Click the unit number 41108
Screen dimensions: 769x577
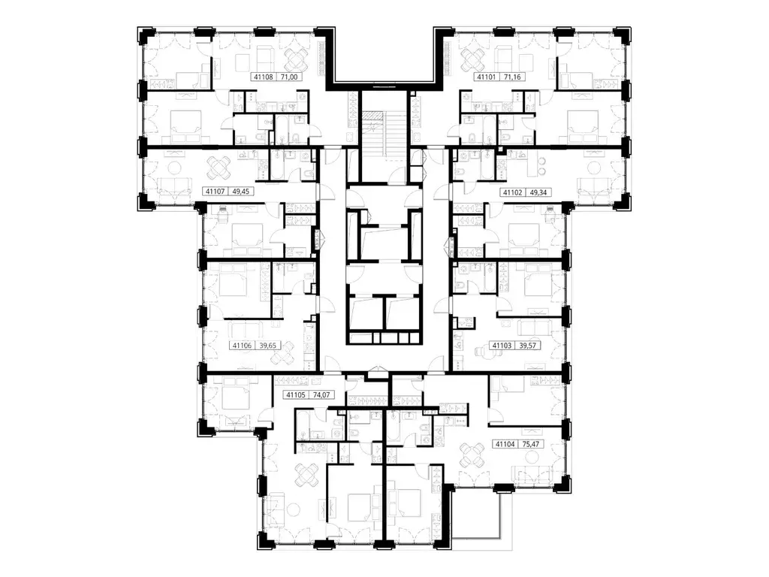(x=264, y=77)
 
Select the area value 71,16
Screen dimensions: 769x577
(x=511, y=77)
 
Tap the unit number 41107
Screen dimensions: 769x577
(x=216, y=192)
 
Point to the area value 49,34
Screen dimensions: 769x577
(x=538, y=192)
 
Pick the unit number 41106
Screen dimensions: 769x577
(x=243, y=346)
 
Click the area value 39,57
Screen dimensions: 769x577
(x=528, y=346)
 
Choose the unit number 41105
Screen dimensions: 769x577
(x=296, y=394)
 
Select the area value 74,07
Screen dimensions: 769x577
(x=321, y=394)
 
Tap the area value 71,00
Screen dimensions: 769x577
(x=289, y=77)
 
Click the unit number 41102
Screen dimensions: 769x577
(x=512, y=192)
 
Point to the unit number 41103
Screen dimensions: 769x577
(x=502, y=346)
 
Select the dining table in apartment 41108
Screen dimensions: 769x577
(x=297, y=60)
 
